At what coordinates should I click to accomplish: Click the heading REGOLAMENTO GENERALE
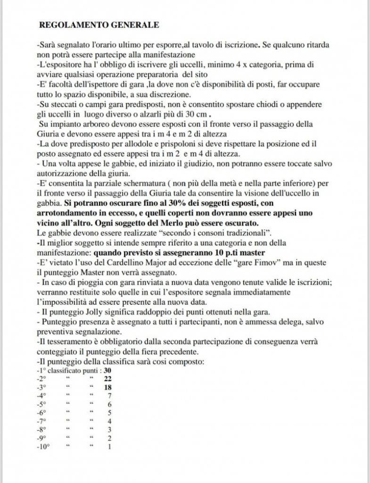point(99,25)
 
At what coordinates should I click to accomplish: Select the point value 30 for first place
point(107,370)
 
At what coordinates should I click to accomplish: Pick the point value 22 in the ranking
point(107,379)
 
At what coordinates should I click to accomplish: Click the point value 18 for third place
point(107,387)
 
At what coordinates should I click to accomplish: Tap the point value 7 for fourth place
point(109,396)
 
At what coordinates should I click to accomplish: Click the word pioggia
point(84,282)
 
